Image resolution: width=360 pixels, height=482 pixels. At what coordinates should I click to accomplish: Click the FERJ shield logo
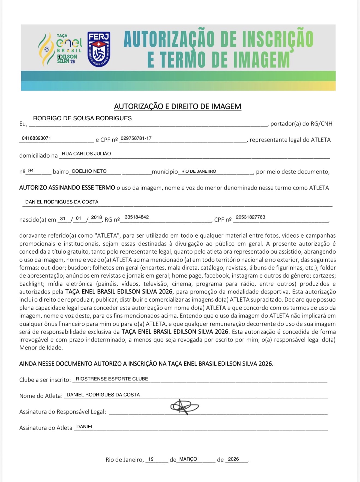(99, 49)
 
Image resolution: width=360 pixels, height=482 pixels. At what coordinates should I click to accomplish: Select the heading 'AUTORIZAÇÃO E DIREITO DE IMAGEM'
(178, 106)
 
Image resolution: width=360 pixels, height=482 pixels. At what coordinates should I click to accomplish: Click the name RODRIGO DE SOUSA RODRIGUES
(82, 118)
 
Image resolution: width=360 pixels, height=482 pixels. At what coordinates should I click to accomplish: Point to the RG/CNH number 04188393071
(36, 138)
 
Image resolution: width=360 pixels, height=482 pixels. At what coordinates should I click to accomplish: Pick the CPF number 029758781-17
(136, 138)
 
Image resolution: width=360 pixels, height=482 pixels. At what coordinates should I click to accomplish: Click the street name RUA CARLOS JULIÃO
(86, 154)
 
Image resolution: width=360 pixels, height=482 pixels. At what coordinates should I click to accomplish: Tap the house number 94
(31, 171)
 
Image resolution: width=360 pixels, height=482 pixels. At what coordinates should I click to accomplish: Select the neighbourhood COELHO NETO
(89, 171)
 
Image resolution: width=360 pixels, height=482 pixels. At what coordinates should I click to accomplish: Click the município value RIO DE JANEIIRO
(199, 171)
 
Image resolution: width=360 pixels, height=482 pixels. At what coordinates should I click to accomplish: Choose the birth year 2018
(96, 217)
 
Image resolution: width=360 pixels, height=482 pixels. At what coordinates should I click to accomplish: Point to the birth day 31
(63, 218)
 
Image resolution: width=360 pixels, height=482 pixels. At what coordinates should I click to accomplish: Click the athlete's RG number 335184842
(137, 217)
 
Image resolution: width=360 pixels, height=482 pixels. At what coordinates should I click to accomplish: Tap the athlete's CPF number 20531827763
(250, 217)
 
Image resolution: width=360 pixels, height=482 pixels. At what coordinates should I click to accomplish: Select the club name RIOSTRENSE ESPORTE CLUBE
(112, 379)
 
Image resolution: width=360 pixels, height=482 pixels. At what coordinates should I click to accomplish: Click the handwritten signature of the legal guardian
(184, 407)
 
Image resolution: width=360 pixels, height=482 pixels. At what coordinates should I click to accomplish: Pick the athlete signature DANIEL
(85, 427)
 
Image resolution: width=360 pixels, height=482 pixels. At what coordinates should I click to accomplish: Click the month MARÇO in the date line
(188, 459)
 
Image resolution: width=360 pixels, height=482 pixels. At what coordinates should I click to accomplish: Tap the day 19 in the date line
(151, 459)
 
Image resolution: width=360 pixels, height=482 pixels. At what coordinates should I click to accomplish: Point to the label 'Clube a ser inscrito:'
(45, 380)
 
